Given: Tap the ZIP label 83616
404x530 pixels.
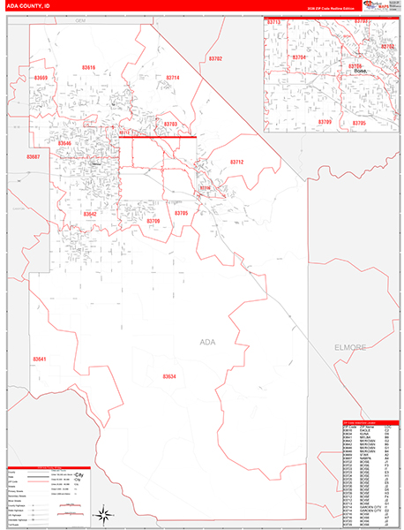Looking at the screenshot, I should (88, 67).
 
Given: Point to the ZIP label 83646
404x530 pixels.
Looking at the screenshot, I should (65, 143).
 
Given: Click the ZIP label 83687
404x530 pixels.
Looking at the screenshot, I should (34, 156).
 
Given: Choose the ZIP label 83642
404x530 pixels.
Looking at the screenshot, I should (89, 214).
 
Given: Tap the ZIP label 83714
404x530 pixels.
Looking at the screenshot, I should (172, 78).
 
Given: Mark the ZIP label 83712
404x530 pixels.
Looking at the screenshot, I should (236, 162).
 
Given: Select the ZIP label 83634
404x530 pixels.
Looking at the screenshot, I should (169, 377).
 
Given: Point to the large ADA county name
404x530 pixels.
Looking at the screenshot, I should (208, 341).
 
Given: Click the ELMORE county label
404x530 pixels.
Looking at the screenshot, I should (349, 347).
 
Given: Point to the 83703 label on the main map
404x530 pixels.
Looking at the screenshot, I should (170, 125).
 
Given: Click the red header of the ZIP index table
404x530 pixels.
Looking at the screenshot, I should (366, 423).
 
